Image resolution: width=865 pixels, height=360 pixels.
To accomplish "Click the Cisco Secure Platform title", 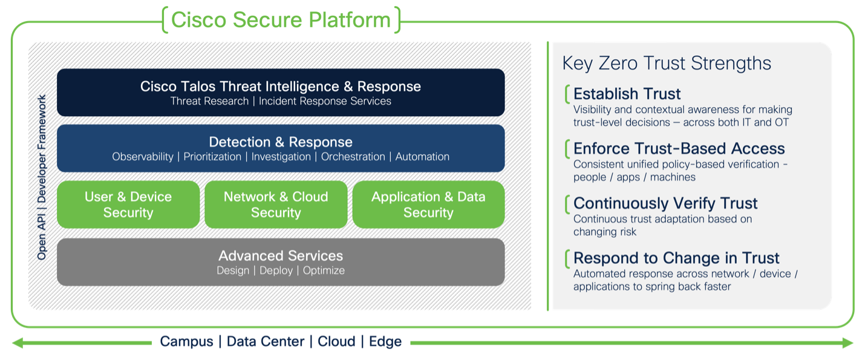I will point(281,19).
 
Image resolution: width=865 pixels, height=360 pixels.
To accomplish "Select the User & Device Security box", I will point(128,205).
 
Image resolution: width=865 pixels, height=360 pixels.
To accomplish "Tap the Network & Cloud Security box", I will point(276,205).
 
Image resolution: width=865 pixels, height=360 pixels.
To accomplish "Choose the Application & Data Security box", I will point(428,205).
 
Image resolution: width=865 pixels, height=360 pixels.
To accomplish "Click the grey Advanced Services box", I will point(281,262).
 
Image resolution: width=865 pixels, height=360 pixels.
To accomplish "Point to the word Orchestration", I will point(353,157).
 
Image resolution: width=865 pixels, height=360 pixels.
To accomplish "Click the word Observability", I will point(143,157).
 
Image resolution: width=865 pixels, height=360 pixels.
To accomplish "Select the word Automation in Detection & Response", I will point(422,157).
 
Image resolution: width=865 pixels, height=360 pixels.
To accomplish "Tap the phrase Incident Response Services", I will point(325,101).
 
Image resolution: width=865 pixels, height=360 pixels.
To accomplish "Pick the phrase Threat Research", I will point(209,101).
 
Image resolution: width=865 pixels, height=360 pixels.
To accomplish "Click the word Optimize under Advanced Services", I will point(324,270).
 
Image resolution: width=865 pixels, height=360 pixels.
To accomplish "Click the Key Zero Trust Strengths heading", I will point(667,63).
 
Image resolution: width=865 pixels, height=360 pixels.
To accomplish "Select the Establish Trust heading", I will point(627,94).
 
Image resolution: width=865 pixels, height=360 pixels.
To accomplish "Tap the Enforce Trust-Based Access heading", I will point(679,149).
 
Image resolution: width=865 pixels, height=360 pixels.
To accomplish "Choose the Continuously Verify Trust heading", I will point(665,203).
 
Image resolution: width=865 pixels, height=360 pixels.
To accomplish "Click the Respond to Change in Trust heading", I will point(676,258).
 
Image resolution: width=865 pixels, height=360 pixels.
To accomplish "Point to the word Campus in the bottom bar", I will point(186,341).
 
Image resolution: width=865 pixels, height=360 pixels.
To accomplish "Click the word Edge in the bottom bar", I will point(385,341).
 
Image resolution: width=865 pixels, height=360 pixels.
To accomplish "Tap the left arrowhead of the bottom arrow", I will point(17,343).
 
